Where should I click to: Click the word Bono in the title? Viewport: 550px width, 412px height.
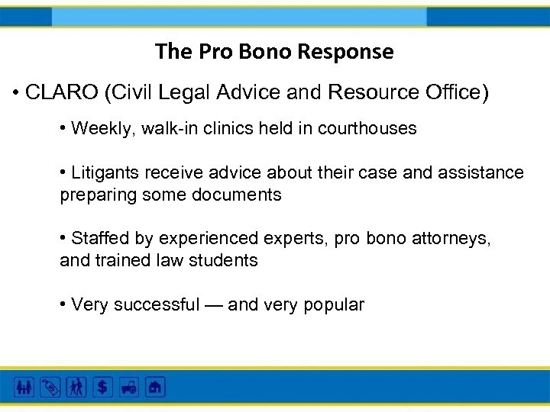[x=268, y=52]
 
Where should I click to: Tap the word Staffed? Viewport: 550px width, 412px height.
[x=100, y=239]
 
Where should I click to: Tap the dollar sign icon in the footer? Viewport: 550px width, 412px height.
[x=101, y=387]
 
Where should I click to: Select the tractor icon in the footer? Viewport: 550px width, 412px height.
[x=128, y=387]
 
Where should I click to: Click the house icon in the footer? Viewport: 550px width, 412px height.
[x=155, y=387]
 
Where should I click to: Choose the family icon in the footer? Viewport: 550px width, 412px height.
[x=24, y=387]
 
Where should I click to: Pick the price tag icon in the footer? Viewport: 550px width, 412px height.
[x=50, y=387]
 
